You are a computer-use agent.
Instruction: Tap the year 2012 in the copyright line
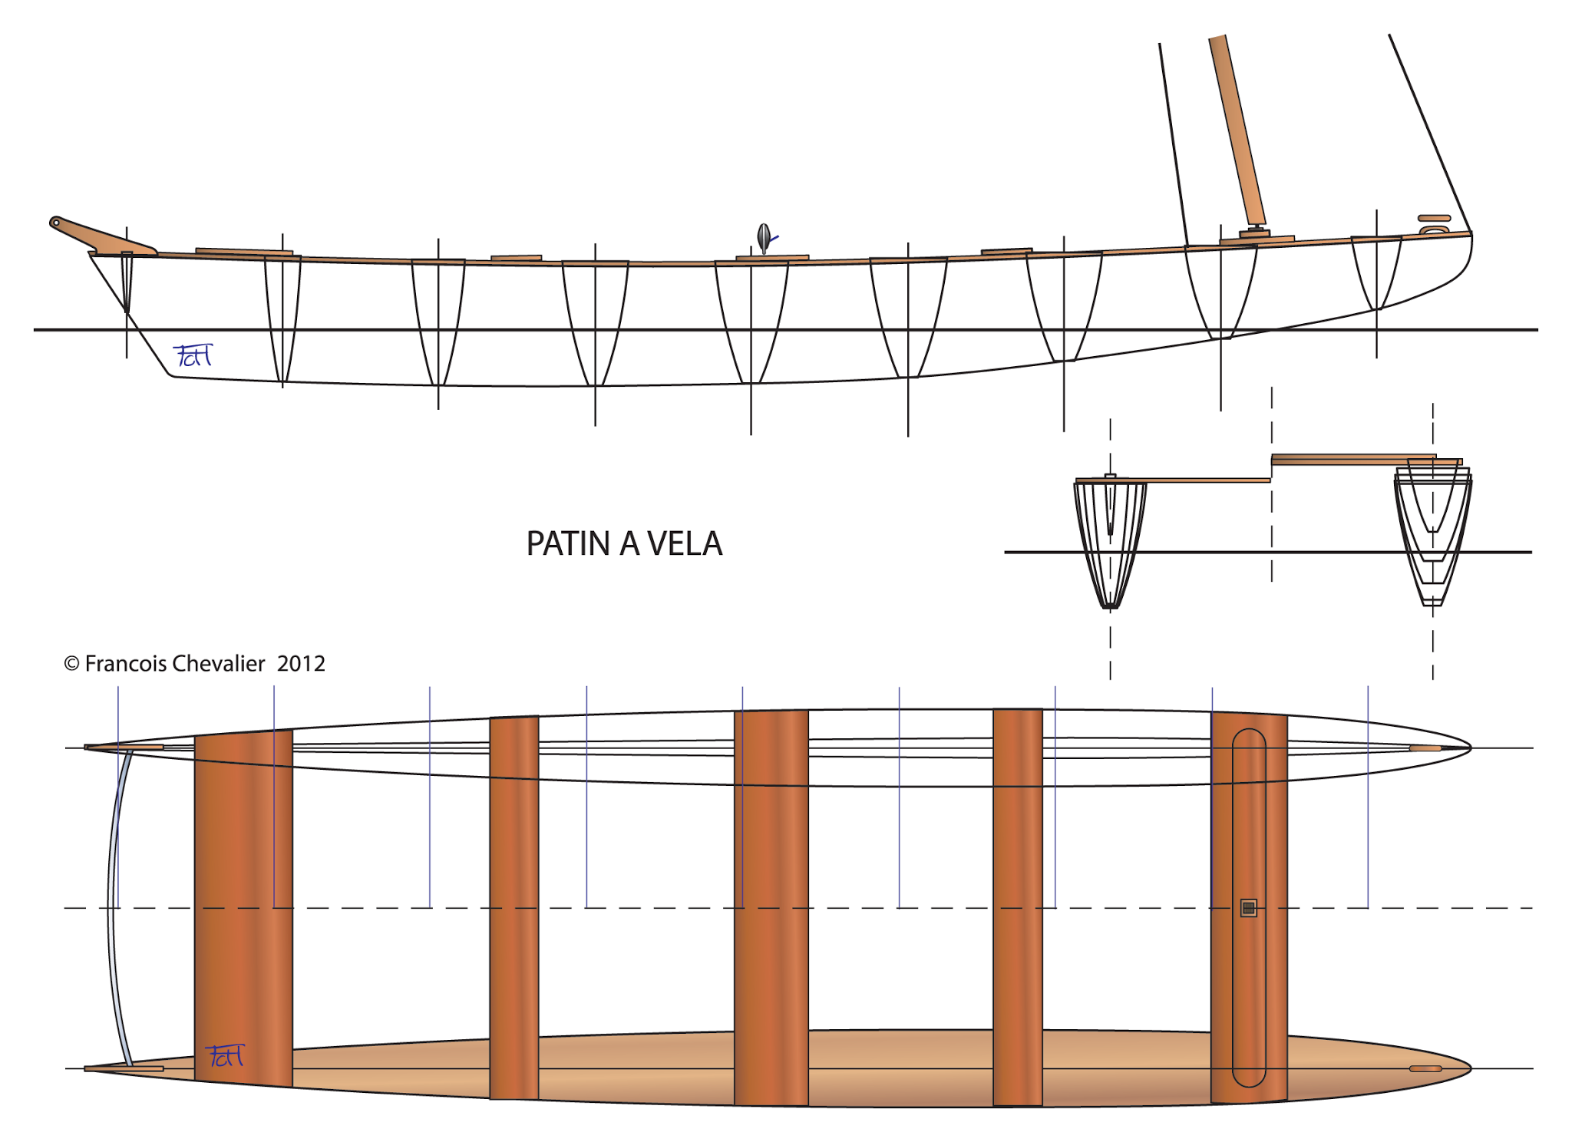tap(301, 664)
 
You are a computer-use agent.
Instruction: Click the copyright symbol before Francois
tap(71, 664)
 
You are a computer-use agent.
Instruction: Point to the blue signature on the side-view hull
tap(192, 355)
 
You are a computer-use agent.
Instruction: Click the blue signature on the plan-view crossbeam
tap(225, 1056)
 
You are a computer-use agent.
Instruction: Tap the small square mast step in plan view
tap(1248, 908)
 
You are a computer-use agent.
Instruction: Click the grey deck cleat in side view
tap(764, 238)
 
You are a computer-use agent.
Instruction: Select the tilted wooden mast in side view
tap(1237, 130)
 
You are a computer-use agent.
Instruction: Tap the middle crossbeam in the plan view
tap(771, 906)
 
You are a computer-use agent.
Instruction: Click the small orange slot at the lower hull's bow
tap(1425, 1068)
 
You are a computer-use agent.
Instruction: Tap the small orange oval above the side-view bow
tap(1434, 218)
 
